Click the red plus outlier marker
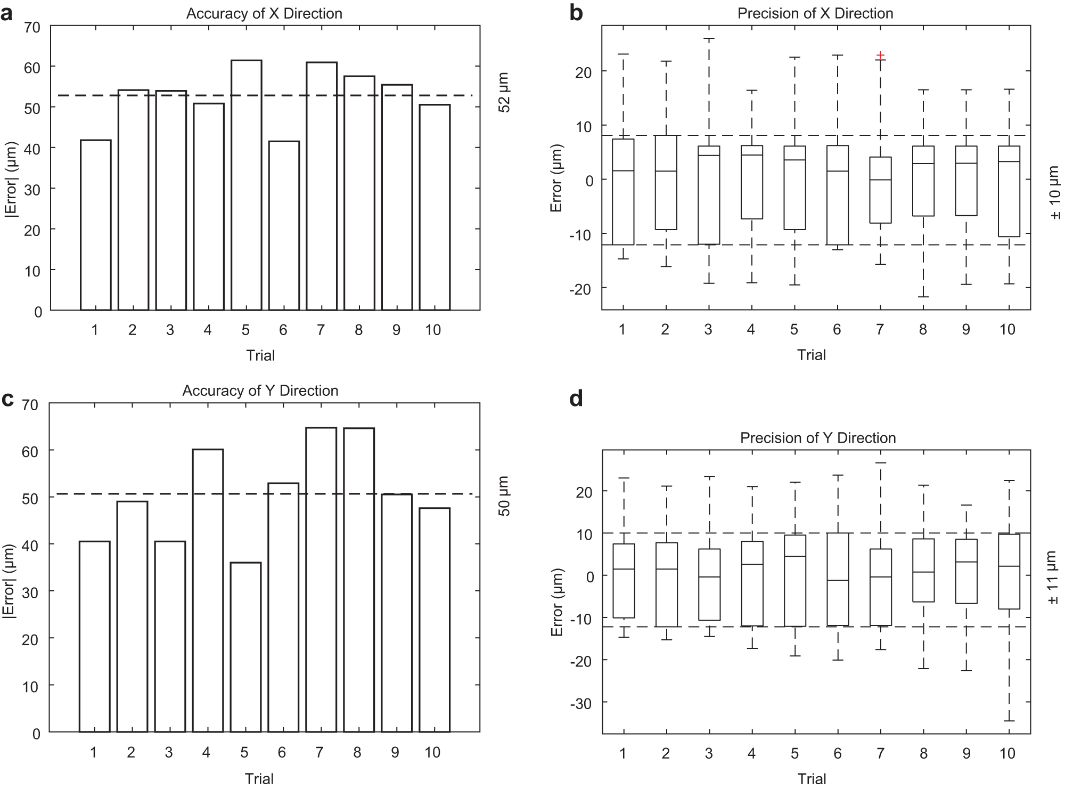point(880,55)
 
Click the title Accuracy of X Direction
point(264,13)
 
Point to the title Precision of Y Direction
point(817,438)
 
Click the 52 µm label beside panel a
point(504,93)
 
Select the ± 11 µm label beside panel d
point(1054,577)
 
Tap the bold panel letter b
point(576,13)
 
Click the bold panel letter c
point(7,399)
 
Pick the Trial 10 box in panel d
point(1009,571)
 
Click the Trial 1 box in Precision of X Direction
point(623,192)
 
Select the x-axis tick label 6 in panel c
point(282,752)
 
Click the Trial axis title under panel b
point(811,355)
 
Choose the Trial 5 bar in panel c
point(245,647)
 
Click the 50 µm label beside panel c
point(504,496)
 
